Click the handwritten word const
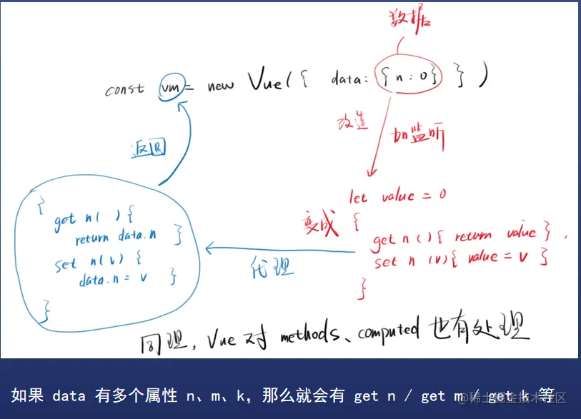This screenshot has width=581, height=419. tap(126, 90)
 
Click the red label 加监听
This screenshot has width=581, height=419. tap(419, 136)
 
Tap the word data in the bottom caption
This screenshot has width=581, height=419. tap(69, 395)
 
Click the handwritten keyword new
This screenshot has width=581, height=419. tap(221, 86)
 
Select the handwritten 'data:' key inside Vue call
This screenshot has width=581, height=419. tap(349, 78)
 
